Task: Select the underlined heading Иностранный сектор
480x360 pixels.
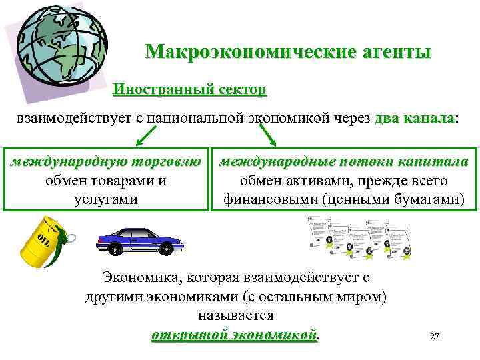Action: (189, 89)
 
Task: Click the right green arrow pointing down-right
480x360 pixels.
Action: (267, 135)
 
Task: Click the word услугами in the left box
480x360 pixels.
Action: (105, 199)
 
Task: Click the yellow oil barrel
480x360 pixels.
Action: (41, 244)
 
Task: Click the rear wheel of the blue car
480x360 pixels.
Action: (116, 249)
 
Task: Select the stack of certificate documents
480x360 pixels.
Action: (360, 239)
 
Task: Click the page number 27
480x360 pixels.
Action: (435, 337)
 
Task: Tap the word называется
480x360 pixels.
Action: (236, 314)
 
